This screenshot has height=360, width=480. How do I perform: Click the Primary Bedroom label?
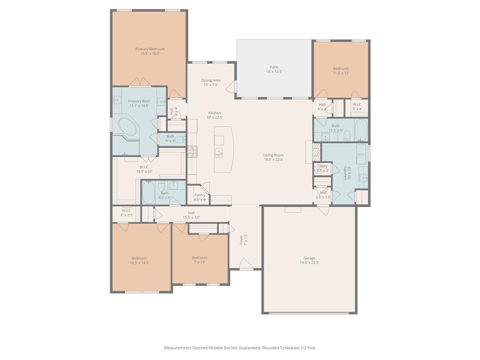pyautogui.click(x=150, y=49)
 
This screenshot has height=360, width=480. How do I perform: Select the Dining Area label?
pyautogui.click(x=210, y=80)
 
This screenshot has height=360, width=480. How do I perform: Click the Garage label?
pyautogui.click(x=309, y=258)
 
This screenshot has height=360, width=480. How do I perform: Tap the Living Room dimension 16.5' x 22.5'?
pyautogui.click(x=273, y=160)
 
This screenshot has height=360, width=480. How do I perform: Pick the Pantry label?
pyautogui.click(x=200, y=195)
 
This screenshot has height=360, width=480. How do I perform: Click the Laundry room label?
pyautogui.click(x=345, y=172)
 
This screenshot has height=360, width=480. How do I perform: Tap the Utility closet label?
pyautogui.click(x=322, y=166)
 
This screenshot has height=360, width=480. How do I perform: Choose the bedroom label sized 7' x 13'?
pyautogui.click(x=199, y=257)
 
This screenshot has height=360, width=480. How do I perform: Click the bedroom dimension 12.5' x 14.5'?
pyautogui.click(x=139, y=263)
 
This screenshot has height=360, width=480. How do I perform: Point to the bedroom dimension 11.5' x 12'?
pyautogui.click(x=341, y=73)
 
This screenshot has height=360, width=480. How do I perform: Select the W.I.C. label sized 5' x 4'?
pyautogui.click(x=357, y=105)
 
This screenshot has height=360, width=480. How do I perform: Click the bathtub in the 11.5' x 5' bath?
pyautogui.click(x=361, y=129)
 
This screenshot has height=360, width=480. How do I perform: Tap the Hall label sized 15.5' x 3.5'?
pyautogui.click(x=191, y=213)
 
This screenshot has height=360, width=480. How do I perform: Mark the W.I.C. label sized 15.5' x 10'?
pyautogui.click(x=144, y=167)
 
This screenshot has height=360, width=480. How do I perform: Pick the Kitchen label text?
pyautogui.click(x=214, y=113)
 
